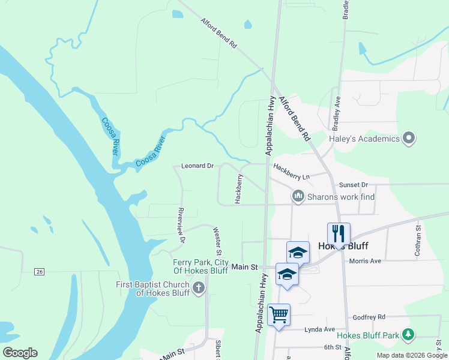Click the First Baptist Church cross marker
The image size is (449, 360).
coord(199,289)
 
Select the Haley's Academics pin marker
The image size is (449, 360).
coord(409,139)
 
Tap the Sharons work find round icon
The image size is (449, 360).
coord(298,196)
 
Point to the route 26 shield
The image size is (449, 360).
coord(40,272)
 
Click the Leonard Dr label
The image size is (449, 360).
coord(197,166)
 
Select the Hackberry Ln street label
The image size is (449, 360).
coord(291,172)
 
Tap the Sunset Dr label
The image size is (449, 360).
coord(353,185)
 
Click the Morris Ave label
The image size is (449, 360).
coord(365,261)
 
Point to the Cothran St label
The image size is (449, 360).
coord(418,239)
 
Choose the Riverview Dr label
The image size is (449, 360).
coord(180,225)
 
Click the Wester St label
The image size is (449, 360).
coord(217,240)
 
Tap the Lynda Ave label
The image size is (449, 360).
coord(319,329)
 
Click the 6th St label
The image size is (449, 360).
coord(332,347)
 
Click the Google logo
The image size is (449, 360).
coord(20,353)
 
